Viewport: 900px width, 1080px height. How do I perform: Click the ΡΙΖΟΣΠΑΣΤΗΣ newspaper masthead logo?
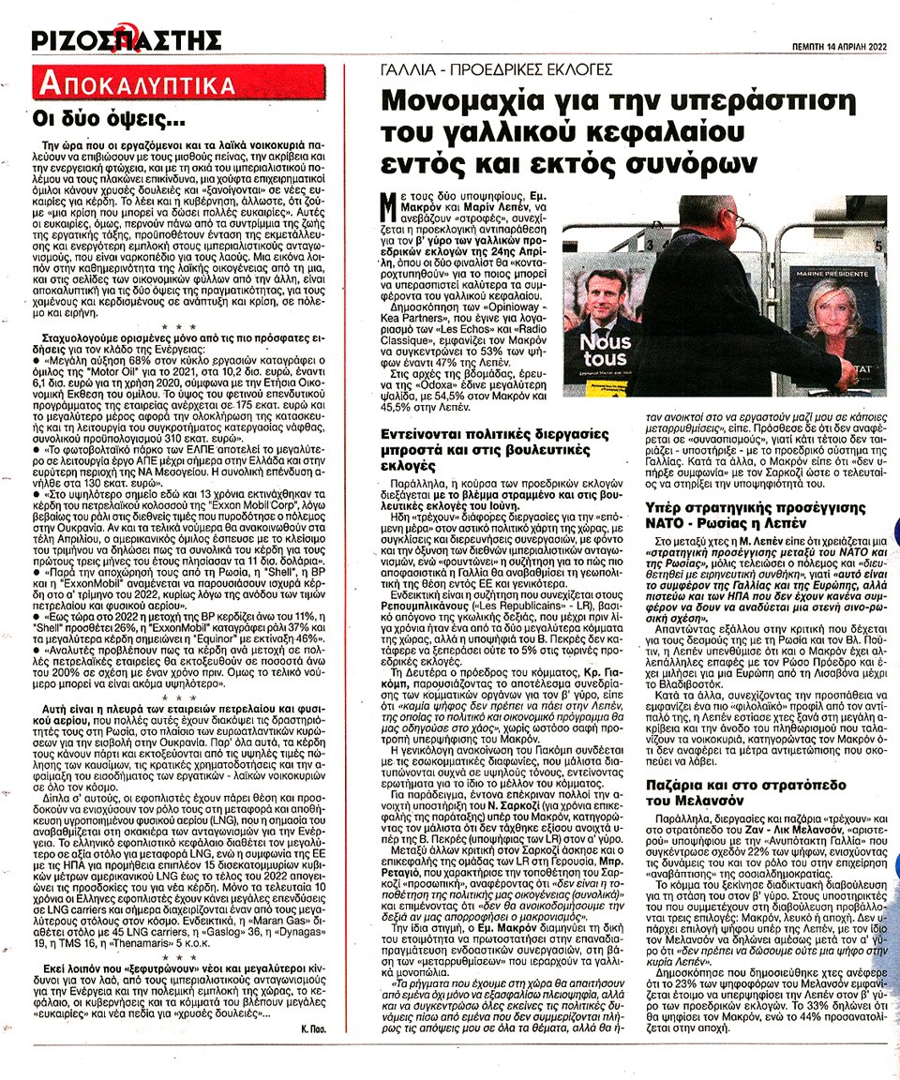(x=126, y=40)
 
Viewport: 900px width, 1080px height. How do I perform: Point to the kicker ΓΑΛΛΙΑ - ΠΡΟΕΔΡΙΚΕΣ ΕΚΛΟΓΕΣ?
(x=498, y=68)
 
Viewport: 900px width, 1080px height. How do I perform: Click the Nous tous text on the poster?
(x=606, y=351)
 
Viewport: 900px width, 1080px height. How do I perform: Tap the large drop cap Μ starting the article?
(x=396, y=213)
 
